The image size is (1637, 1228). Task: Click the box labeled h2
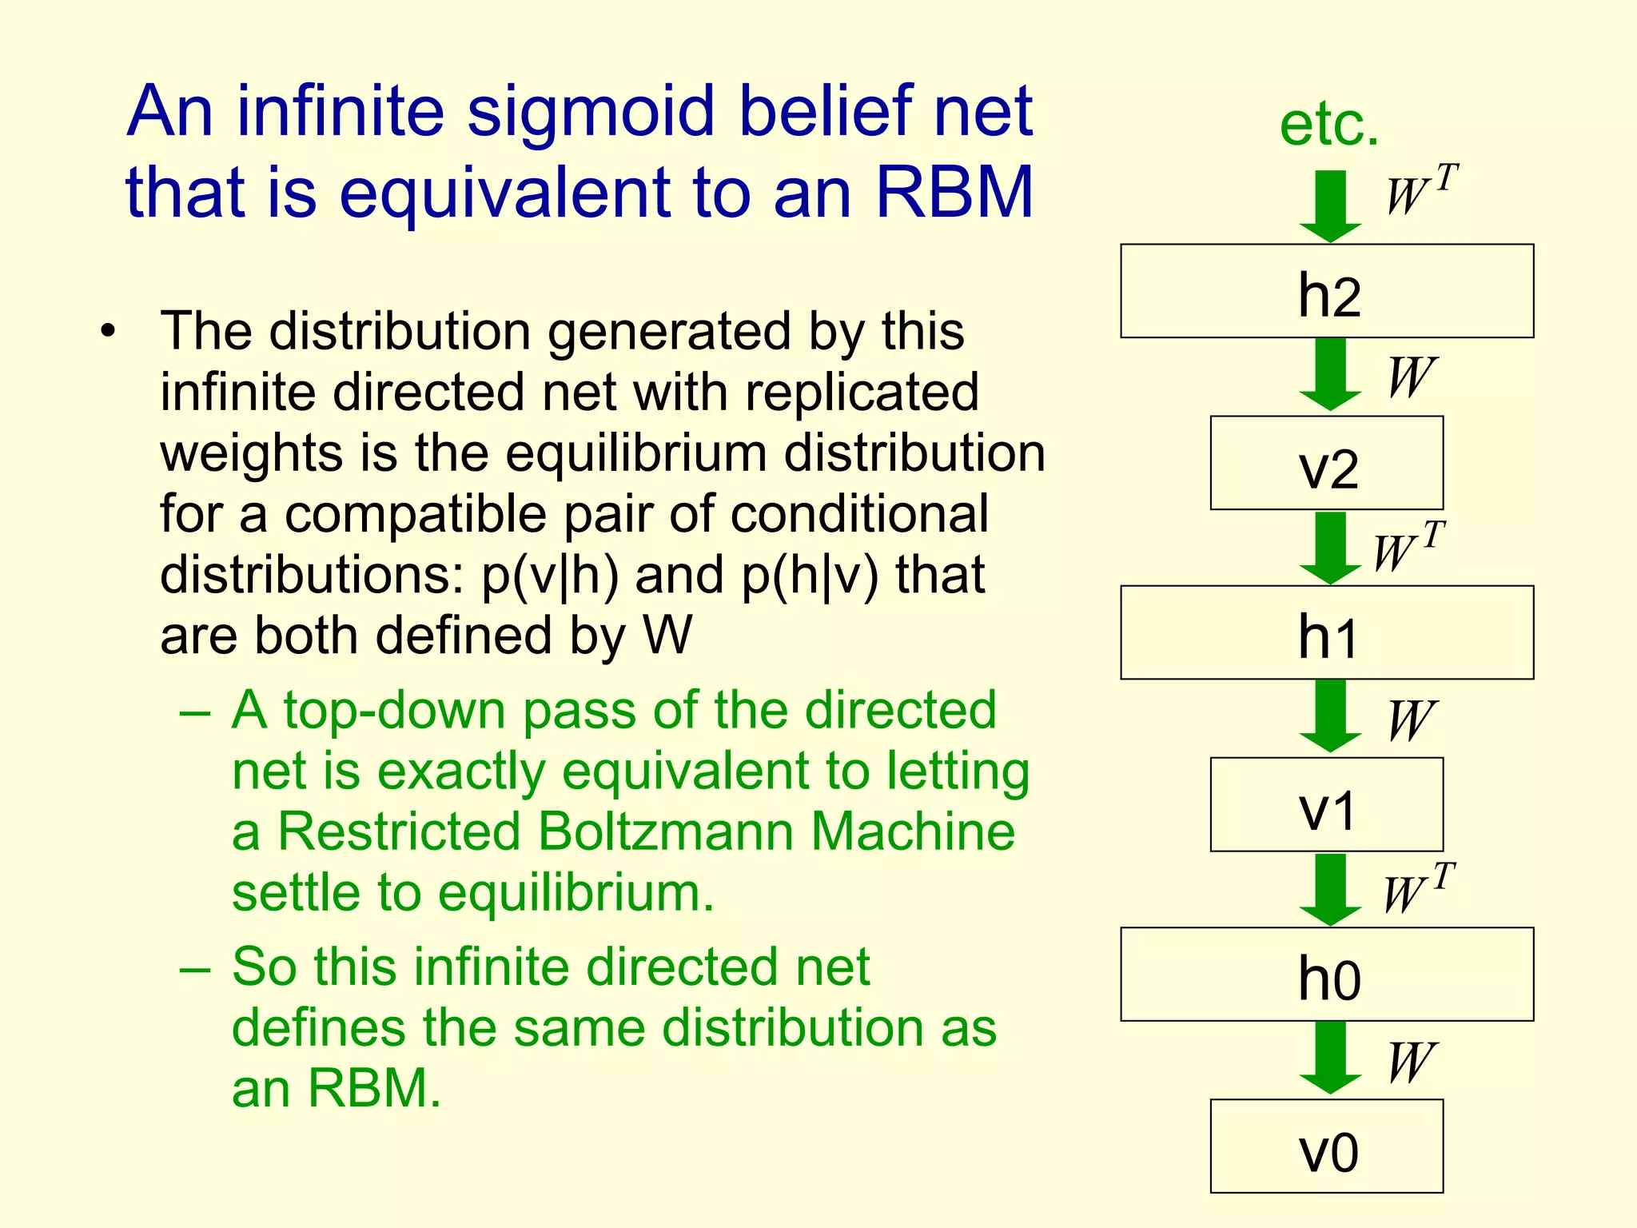click(x=1327, y=292)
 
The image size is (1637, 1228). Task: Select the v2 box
click(x=1327, y=464)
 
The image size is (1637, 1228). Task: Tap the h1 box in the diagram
click(x=1327, y=633)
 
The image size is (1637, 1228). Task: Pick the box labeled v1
click(x=1327, y=805)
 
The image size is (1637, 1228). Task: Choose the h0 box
click(x=1327, y=975)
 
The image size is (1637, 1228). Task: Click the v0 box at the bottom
click(x=1327, y=1146)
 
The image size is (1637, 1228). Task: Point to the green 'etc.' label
click(x=1329, y=126)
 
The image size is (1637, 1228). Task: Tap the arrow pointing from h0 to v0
click(x=1330, y=1058)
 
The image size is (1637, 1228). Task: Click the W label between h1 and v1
click(x=1411, y=720)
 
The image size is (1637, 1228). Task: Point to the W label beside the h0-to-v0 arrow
click(x=1411, y=1063)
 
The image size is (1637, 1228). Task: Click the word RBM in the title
click(x=954, y=192)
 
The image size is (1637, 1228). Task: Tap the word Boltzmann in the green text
click(x=666, y=831)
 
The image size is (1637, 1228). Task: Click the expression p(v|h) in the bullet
click(x=549, y=576)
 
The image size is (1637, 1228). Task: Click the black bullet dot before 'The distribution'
click(x=108, y=330)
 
